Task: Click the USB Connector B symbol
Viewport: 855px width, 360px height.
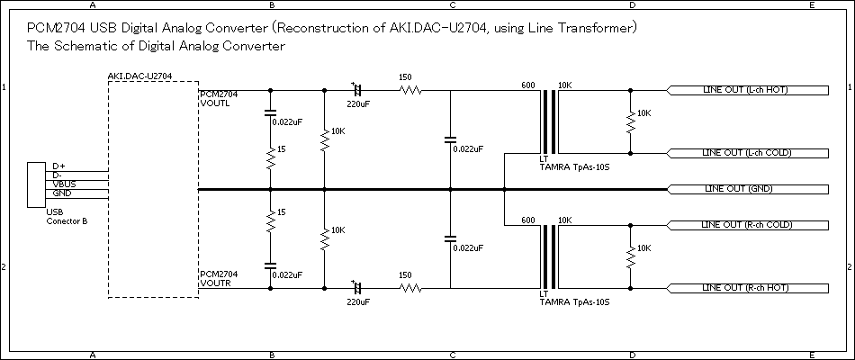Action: (38, 184)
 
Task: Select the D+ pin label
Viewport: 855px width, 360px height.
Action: (59, 166)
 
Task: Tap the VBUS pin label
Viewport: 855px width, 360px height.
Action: (64, 184)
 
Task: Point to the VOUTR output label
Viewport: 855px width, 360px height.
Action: (215, 283)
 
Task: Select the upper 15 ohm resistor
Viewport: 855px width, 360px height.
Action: (270, 159)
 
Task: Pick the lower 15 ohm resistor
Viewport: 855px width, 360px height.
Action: (270, 220)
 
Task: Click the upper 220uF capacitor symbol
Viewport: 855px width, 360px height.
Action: (357, 91)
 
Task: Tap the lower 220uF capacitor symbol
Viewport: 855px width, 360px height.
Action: (357, 288)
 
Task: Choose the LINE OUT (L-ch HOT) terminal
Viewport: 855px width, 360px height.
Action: (747, 91)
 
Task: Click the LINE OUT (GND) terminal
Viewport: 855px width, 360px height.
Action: (747, 189)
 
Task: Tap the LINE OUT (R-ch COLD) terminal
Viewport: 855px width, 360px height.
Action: (747, 224)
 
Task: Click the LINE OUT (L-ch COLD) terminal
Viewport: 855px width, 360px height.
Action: (747, 153)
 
